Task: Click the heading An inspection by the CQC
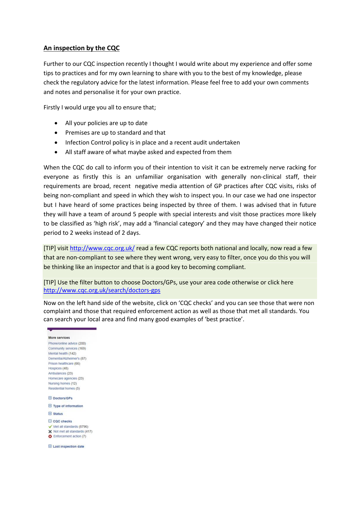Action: (82, 48)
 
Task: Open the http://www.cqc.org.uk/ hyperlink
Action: (102, 248)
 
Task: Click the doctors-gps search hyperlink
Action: (102, 290)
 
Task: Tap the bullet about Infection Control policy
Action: (152, 142)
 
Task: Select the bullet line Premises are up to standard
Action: (115, 133)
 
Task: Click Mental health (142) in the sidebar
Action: (62, 353)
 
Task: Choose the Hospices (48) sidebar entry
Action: (58, 368)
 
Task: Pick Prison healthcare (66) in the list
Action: (64, 363)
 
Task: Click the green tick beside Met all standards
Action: (50, 427)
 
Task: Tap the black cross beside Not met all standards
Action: (50, 432)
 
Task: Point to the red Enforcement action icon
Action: (50, 436)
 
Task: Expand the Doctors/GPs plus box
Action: (50, 398)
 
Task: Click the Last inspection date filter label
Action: (68, 447)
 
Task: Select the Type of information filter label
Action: (68, 406)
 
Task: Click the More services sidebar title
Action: (59, 338)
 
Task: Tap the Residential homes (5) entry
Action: (64, 388)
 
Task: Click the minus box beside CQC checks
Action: (50, 421)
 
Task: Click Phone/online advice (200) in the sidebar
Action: (67, 343)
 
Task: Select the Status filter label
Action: (58, 414)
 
